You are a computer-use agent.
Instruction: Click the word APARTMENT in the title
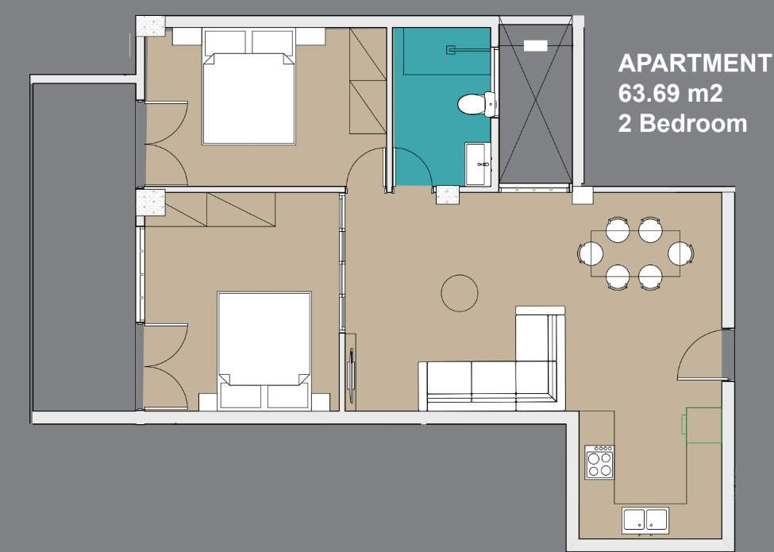tap(694, 64)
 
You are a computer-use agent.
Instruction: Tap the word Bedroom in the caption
tap(693, 123)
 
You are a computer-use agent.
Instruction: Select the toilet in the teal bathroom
tap(476, 104)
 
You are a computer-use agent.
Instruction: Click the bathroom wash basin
tap(478, 164)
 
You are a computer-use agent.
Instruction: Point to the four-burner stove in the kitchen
tap(599, 462)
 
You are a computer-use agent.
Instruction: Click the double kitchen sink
tap(645, 520)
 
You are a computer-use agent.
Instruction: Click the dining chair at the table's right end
tap(680, 254)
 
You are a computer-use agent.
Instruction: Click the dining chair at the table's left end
tap(591, 254)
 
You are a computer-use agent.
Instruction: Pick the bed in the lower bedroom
tap(264, 350)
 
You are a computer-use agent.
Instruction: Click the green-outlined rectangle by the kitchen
tap(702, 425)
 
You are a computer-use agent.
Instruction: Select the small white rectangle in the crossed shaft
tap(535, 46)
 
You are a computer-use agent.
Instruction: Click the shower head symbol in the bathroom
tap(451, 50)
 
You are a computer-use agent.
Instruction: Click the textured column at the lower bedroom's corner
tap(151, 203)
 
